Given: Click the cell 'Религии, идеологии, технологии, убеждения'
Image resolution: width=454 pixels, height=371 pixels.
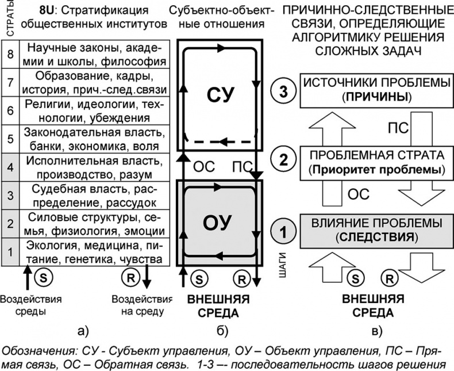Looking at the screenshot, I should coord(92,110).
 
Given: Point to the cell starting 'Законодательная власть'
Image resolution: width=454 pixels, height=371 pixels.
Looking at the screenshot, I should coord(92,138).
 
